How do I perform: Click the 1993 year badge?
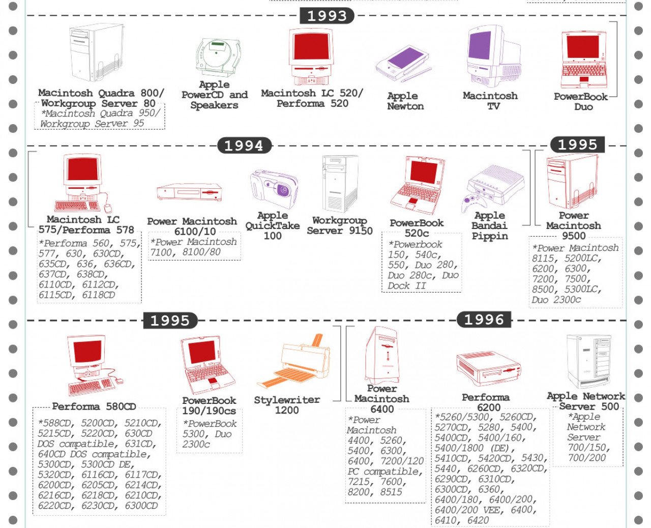coord(327,16)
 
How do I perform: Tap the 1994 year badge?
coord(244,145)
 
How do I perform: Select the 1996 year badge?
coord(484,320)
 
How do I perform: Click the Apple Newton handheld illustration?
coord(403,64)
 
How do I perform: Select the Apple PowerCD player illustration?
coord(218,58)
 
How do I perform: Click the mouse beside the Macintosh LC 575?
coord(108,208)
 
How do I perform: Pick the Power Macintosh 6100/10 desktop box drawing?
coord(190,192)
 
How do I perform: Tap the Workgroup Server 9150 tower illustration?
coord(340,184)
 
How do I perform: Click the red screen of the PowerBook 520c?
coord(424,171)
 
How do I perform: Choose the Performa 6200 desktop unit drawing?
coord(488,368)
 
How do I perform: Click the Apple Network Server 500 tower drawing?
coord(589,361)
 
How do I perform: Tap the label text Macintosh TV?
coord(491,101)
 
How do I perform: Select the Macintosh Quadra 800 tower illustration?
coord(96,52)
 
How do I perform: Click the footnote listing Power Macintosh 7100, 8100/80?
coord(194,247)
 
